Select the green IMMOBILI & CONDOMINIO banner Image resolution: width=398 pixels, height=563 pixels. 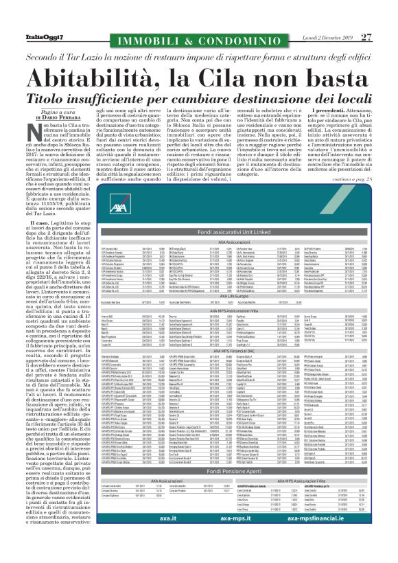(199, 20)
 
